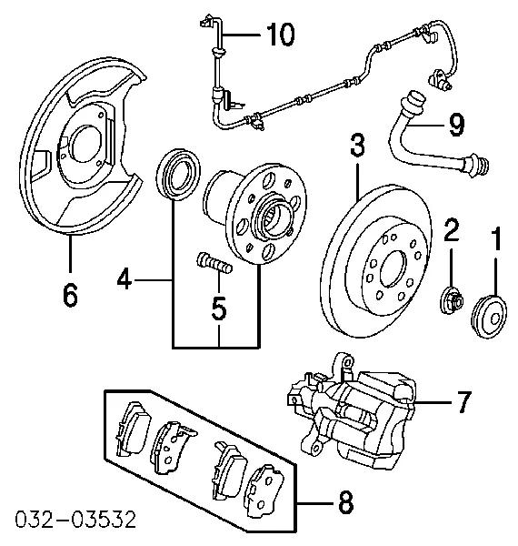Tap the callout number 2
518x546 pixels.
click(450, 231)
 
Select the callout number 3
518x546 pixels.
click(358, 146)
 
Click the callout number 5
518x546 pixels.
click(218, 309)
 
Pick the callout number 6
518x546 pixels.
click(71, 294)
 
